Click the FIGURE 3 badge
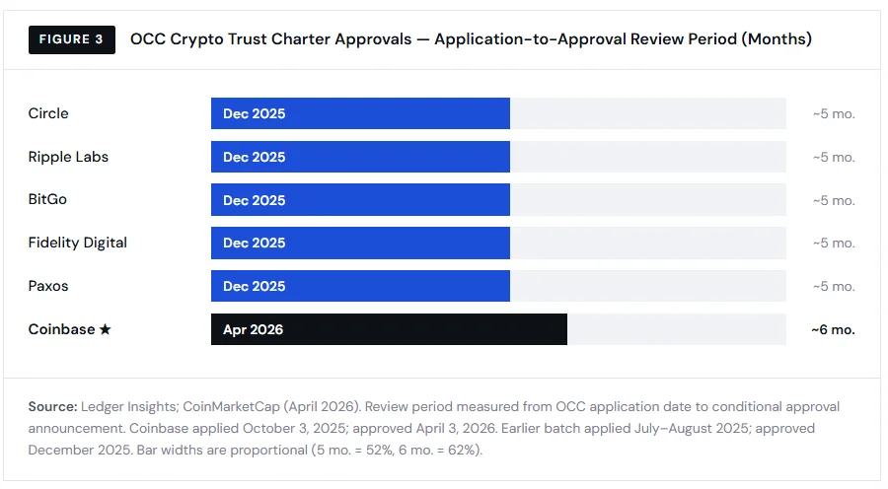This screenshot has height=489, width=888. (x=71, y=39)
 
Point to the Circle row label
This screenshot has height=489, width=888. (x=48, y=113)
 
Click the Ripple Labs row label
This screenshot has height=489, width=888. (x=68, y=157)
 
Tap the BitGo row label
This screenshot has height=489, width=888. (x=47, y=199)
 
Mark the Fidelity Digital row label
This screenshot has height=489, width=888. (x=77, y=243)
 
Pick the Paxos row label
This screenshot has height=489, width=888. (x=48, y=286)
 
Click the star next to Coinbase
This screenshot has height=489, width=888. (x=105, y=329)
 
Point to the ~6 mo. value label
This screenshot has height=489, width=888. (x=833, y=329)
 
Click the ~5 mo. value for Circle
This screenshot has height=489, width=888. (x=834, y=113)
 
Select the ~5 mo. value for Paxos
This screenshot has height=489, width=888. (x=834, y=286)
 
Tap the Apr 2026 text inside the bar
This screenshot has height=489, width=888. (x=253, y=329)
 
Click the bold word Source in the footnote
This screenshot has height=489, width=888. (x=52, y=406)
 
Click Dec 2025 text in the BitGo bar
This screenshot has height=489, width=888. (x=254, y=200)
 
